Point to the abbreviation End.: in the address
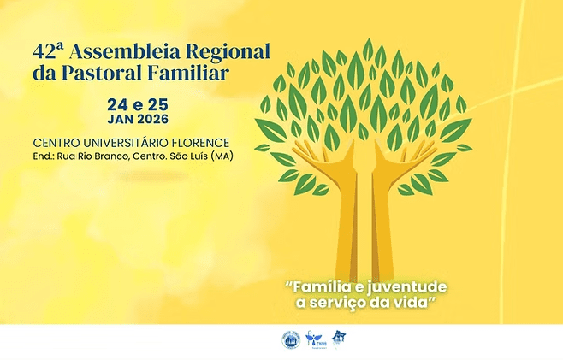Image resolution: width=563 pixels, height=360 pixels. point(44,156)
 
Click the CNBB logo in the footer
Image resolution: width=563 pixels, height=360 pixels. point(316,339)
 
